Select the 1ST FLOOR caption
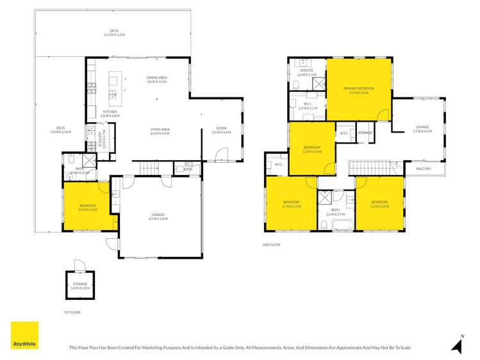coord(71,312)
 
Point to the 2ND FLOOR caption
coord(272,245)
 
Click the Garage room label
coord(158,217)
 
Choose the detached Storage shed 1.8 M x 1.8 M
coord(80,286)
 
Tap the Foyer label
coord(221,130)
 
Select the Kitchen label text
coord(111,113)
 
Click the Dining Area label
coord(157,79)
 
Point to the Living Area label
coord(160,131)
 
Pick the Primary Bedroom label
coord(358,90)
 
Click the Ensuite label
coord(306,72)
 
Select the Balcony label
coord(424,168)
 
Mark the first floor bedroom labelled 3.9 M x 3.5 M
coord(87,208)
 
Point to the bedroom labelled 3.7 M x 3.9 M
coord(291,204)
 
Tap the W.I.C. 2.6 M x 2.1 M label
coord(307,106)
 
